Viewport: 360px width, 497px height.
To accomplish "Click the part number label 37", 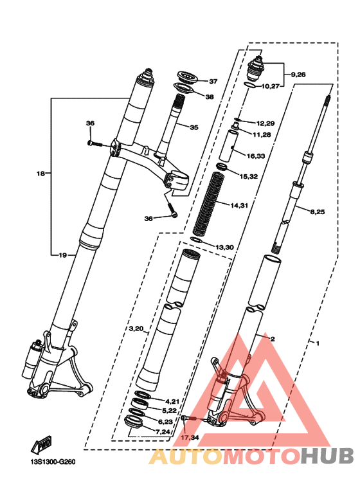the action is coord(213,82).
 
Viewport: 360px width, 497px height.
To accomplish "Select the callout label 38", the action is coord(210,97).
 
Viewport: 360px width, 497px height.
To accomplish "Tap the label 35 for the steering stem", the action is coord(194,127).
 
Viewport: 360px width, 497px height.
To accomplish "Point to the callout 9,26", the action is coord(298,75).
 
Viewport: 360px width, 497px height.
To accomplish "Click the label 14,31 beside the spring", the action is coord(239,206).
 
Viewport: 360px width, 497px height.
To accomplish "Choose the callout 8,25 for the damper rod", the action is coord(317,212).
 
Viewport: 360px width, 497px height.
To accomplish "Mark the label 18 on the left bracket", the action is coord(40,174).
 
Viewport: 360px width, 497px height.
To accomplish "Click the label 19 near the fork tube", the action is coord(63,255).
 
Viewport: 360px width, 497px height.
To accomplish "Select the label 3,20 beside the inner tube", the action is coord(136,329).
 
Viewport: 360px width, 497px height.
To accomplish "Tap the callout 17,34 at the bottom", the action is coord(190,438).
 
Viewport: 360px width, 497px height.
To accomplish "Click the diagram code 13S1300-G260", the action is coord(53,462).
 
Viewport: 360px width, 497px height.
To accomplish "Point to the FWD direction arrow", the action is coord(41,445).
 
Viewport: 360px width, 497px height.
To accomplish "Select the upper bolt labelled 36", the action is coord(94,144).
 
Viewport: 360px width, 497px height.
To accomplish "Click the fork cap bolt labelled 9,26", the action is coord(256,68).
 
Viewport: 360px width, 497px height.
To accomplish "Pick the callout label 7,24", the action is coord(163,432).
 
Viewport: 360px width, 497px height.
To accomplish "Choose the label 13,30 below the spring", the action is coord(224,248).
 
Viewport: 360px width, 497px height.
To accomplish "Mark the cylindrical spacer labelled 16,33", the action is coord(228,145).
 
